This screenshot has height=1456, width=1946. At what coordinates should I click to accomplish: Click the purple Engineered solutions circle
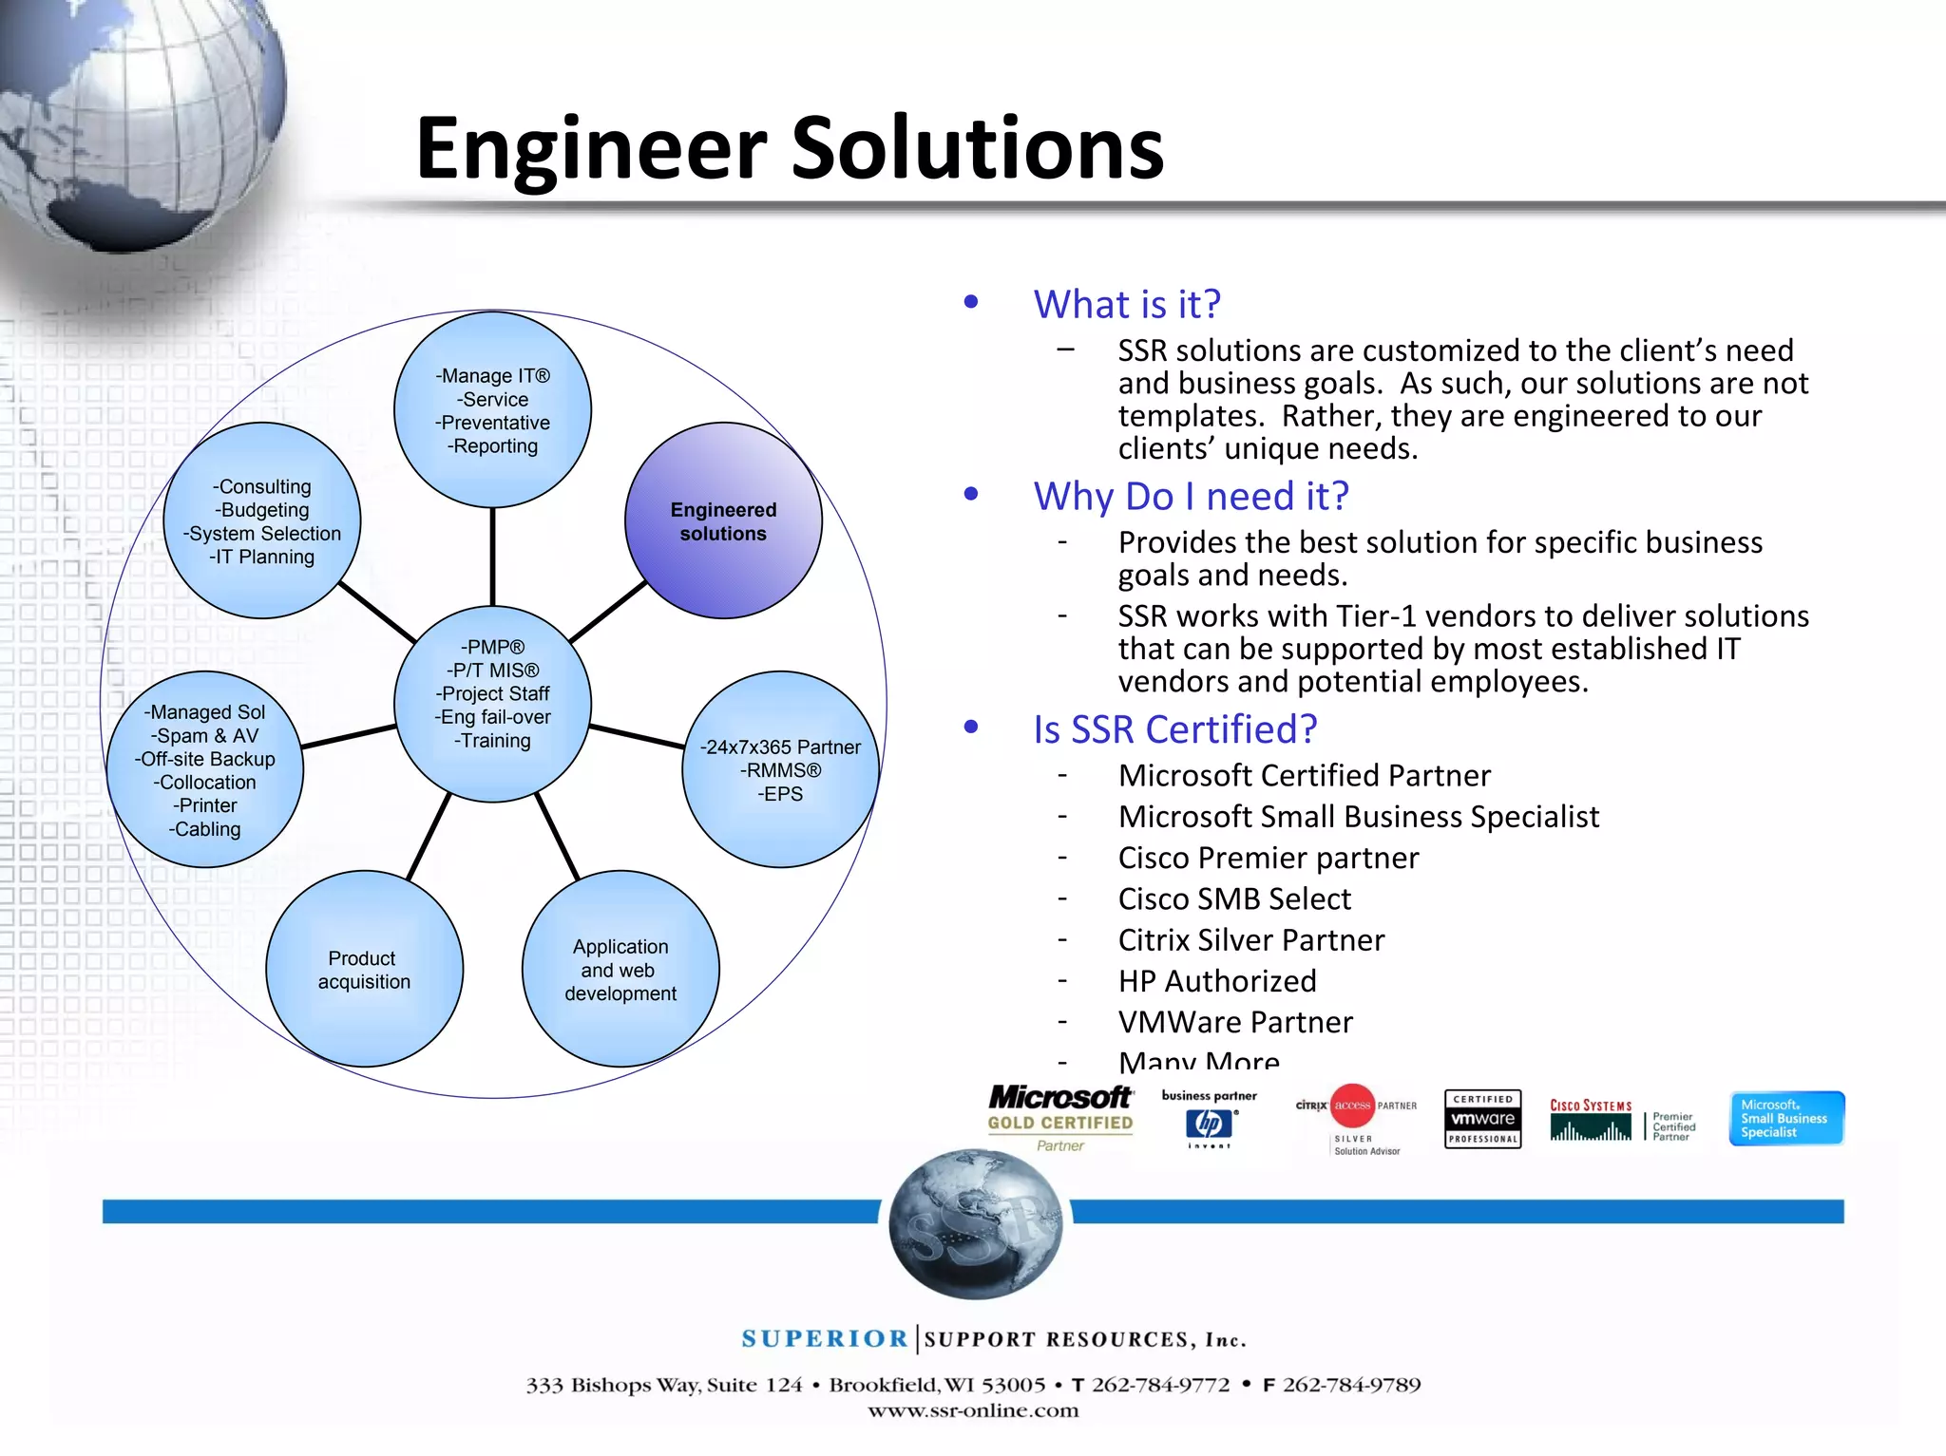723,520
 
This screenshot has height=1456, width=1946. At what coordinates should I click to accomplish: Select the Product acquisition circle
364,969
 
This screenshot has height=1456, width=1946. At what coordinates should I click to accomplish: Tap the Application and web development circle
620,969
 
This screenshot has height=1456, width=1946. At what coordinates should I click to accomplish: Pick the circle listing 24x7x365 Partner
780,769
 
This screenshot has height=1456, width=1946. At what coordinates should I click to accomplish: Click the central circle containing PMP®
492,704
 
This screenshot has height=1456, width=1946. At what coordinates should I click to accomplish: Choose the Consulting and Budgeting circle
262,520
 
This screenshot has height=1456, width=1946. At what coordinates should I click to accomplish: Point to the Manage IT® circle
492,410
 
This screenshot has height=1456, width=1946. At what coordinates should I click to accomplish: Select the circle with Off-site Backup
205,769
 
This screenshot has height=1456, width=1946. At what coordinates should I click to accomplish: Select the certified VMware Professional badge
1482,1119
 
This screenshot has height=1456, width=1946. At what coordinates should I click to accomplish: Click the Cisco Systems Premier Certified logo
1621,1121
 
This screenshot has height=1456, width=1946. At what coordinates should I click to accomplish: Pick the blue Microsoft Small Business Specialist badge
1786,1118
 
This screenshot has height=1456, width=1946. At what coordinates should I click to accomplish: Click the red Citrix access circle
1352,1106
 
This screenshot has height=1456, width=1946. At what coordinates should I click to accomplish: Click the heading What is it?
1127,305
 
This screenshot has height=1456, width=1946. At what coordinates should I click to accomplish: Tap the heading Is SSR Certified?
1175,729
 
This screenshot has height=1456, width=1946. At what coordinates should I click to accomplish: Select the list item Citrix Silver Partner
1251,940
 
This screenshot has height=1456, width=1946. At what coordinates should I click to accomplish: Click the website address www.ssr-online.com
973,1410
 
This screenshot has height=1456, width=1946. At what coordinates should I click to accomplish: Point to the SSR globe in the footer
975,1223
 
